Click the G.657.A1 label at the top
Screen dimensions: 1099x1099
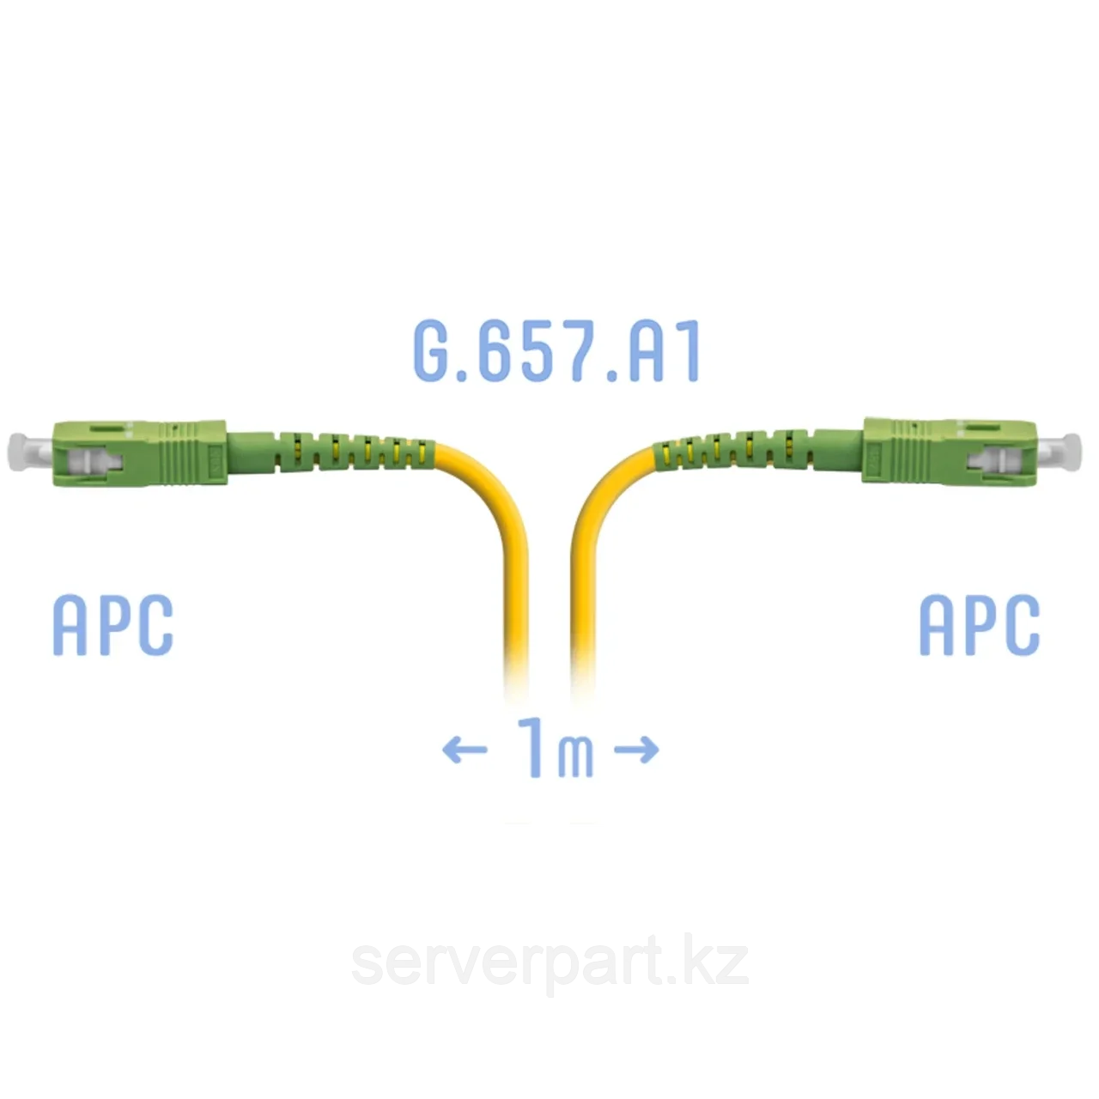[x=557, y=351]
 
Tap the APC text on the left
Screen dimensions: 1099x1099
[x=112, y=625]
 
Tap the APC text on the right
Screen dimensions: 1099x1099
[x=979, y=625]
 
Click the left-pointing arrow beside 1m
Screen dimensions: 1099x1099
[x=464, y=750]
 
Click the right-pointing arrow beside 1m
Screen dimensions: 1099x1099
[x=637, y=750]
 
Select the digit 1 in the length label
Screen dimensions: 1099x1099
[x=533, y=746]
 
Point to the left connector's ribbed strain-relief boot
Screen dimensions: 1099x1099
[x=352, y=452]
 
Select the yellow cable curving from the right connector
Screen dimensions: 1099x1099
[x=586, y=549]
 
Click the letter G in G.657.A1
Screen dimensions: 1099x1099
[x=434, y=351]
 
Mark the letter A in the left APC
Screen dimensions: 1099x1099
[x=70, y=625]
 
